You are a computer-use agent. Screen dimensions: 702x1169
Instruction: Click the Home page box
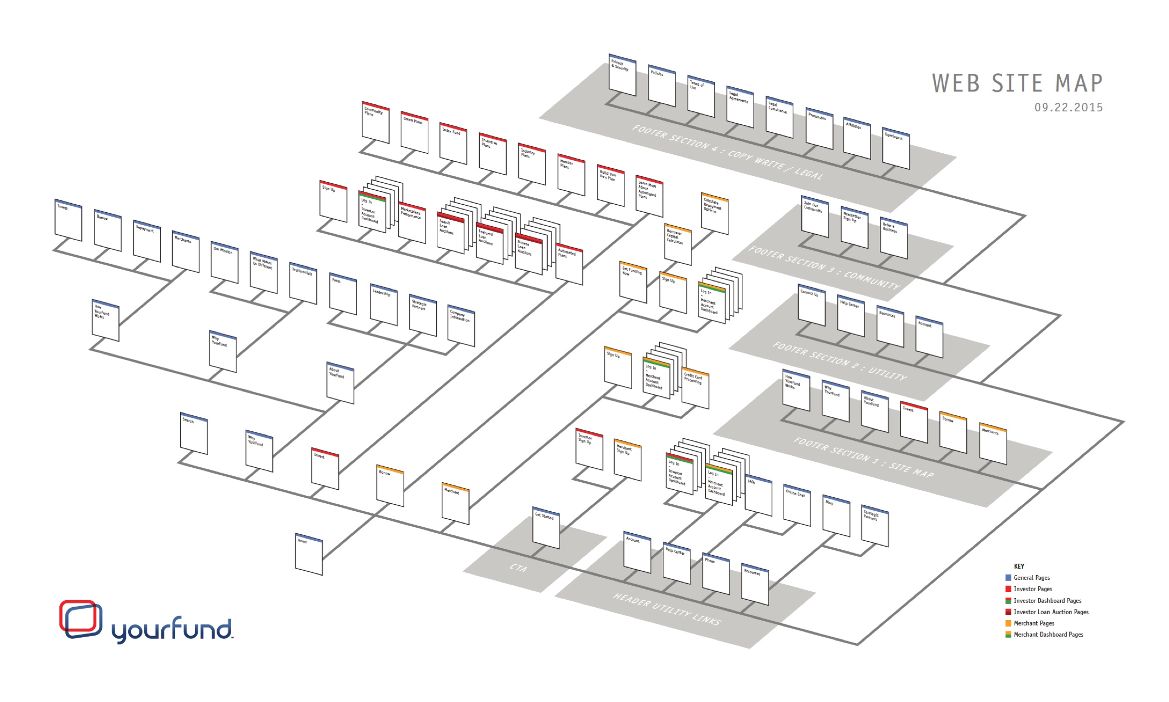point(309,555)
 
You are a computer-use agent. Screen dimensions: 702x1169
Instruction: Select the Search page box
point(194,433)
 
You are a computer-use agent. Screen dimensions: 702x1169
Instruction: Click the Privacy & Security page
point(622,75)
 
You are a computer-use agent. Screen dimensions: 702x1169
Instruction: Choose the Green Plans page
point(414,132)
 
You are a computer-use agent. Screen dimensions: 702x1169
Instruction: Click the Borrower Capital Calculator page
point(678,245)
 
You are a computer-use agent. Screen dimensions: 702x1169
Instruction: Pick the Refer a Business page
point(893,238)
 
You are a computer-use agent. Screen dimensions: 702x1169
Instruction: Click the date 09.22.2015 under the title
point(1068,107)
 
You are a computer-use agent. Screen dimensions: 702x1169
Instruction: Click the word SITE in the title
point(1017,83)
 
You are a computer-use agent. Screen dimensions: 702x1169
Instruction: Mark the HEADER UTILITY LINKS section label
point(667,609)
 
